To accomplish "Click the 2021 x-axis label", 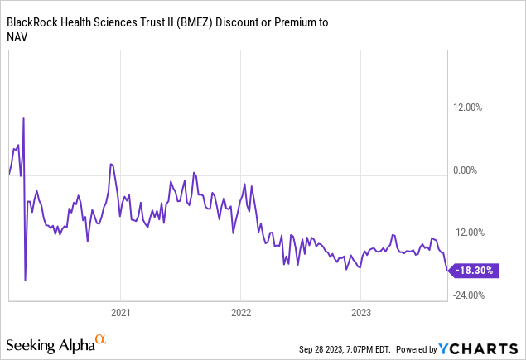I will point(120,313).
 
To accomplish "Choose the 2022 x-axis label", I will point(240,313).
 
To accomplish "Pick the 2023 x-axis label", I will point(360,313).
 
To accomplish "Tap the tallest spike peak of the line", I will point(23,118).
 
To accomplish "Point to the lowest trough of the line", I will point(25,280).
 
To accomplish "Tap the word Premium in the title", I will point(285,22).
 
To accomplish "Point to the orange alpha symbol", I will point(100,339).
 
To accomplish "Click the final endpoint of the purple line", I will point(448,271).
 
